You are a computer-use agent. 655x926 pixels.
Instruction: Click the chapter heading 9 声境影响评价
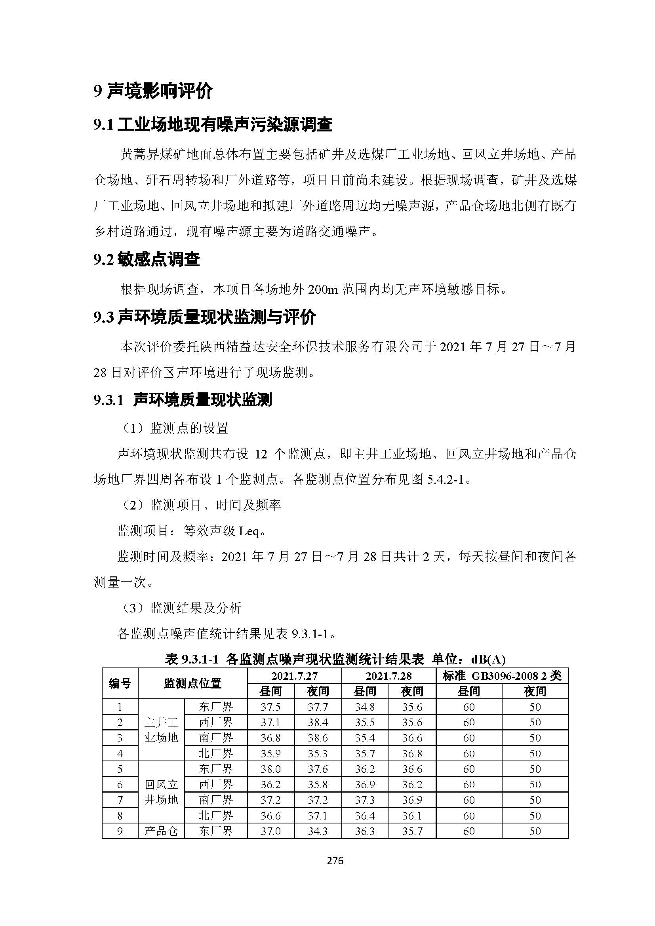(153, 92)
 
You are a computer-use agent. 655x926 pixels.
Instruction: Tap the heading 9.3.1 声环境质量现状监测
(183, 400)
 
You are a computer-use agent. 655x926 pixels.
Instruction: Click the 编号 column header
(120, 683)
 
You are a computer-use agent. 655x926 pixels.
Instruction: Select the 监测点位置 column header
(192, 683)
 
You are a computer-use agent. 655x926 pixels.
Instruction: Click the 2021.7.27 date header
(294, 676)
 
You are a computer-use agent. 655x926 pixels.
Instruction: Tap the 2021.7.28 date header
(388, 676)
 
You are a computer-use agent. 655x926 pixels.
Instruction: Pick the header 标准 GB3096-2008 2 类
(502, 676)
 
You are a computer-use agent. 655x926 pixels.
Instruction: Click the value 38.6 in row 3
(318, 738)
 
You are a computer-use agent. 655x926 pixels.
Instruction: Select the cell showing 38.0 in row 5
(270, 769)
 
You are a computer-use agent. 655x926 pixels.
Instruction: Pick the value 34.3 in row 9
(318, 831)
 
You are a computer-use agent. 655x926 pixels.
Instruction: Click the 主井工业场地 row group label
(161, 730)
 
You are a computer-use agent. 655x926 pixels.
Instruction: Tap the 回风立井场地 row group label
(161, 792)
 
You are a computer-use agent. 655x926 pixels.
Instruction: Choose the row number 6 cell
(120, 784)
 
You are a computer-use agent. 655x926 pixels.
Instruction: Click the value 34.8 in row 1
(365, 707)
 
